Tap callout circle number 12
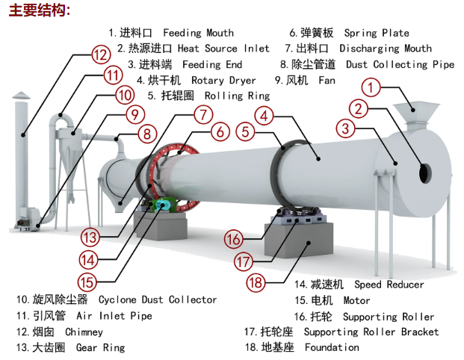[101, 54]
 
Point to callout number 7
[202, 115]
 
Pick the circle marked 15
[87, 282]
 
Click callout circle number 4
[263, 115]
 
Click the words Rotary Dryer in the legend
[223, 80]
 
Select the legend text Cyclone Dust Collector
[158, 300]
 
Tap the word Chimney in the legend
[84, 332]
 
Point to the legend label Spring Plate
[377, 33]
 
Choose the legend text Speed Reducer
[389, 285]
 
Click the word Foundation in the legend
[332, 347]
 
